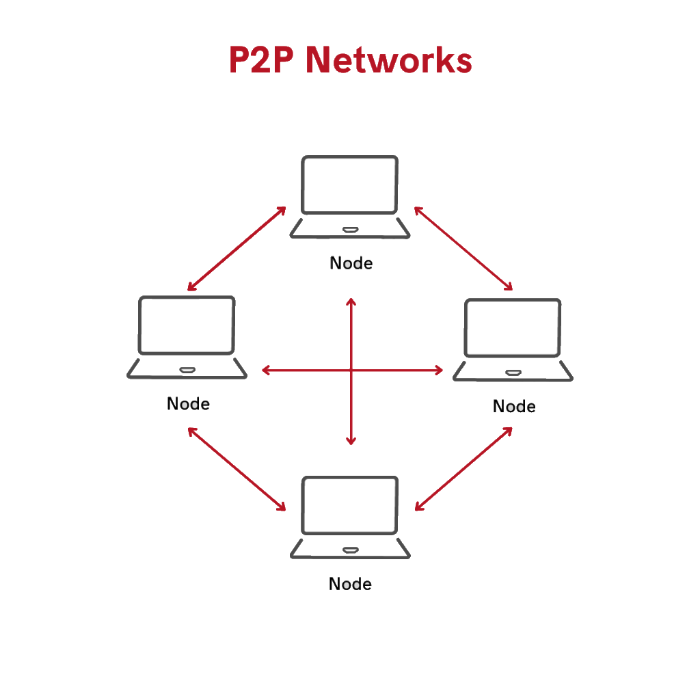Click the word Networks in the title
click(388, 60)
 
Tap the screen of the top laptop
click(349, 185)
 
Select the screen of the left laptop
click(187, 325)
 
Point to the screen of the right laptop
click(513, 327)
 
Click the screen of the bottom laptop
click(349, 505)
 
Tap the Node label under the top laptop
click(351, 263)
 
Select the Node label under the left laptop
click(188, 404)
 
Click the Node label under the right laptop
click(513, 407)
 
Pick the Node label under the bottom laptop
click(350, 584)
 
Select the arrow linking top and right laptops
click(463, 248)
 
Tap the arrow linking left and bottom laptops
click(237, 469)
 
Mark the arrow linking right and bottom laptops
click(463, 469)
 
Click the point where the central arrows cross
click(351, 371)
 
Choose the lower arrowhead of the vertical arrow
click(351, 442)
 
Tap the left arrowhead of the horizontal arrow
click(265, 371)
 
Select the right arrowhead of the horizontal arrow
click(440, 371)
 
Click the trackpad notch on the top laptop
click(350, 229)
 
